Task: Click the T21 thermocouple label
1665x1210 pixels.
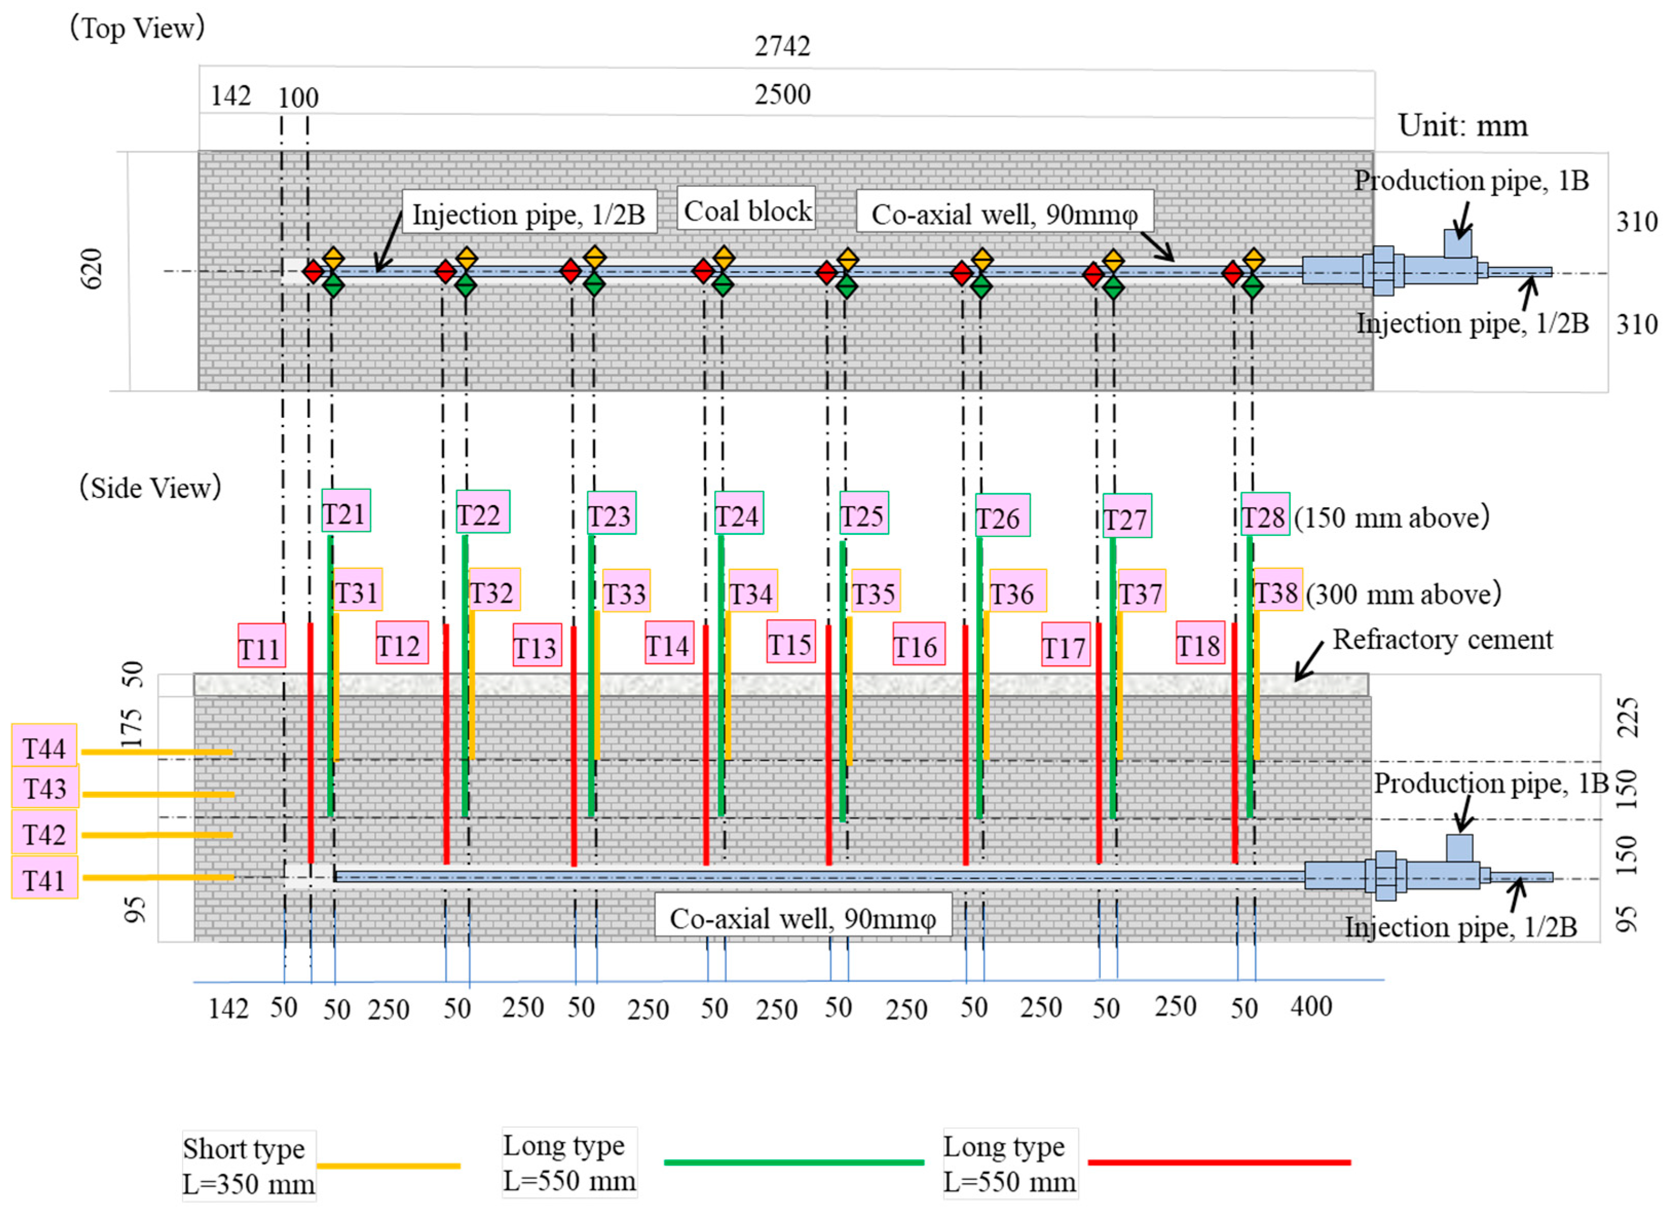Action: (346, 511)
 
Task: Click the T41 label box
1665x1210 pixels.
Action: (44, 878)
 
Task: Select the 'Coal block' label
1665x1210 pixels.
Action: (746, 210)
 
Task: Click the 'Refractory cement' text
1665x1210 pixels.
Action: (1442, 639)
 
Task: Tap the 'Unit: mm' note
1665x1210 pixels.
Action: (1463, 125)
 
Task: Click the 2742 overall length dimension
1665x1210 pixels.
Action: (782, 46)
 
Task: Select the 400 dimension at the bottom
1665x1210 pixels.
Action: (1311, 1007)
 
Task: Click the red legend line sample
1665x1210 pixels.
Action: (1219, 1162)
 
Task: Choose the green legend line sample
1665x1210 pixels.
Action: (793, 1162)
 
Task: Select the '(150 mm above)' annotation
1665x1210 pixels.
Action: (1391, 517)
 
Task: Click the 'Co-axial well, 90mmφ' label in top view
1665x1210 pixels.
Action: (1004, 214)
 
